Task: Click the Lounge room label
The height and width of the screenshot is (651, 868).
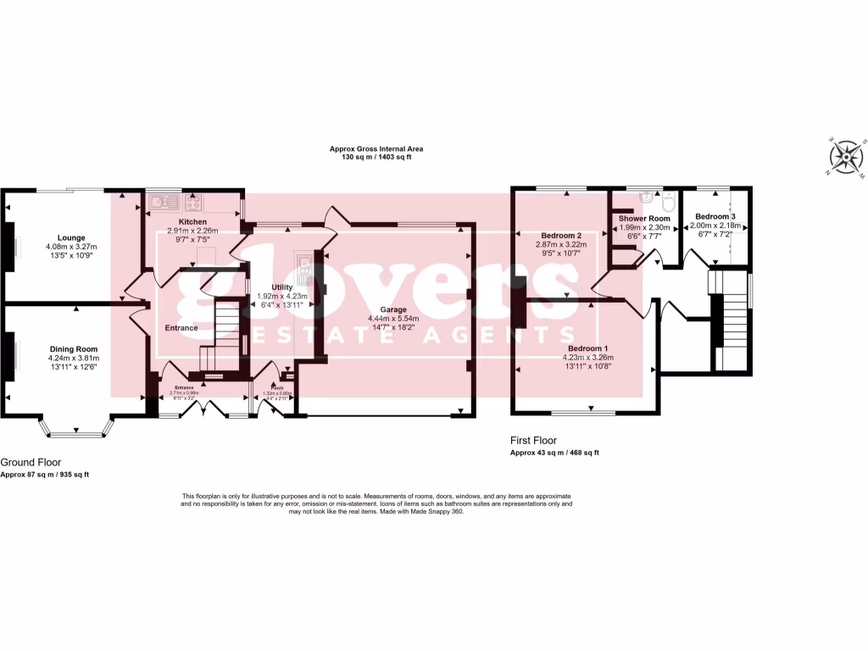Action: tap(71, 237)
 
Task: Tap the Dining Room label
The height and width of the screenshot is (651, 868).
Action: tap(74, 348)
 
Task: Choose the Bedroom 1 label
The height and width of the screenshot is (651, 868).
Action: tap(587, 348)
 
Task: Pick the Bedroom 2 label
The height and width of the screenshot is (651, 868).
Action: tap(560, 235)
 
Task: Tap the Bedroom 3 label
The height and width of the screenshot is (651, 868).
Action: tap(715, 217)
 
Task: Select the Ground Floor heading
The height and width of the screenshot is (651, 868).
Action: tap(31, 462)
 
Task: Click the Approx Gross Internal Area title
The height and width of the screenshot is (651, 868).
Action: tap(376, 149)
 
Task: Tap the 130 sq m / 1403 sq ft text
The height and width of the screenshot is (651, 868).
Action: tap(376, 158)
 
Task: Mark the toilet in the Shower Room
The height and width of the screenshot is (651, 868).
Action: tap(668, 202)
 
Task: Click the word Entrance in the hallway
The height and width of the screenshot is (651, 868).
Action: tap(181, 328)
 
